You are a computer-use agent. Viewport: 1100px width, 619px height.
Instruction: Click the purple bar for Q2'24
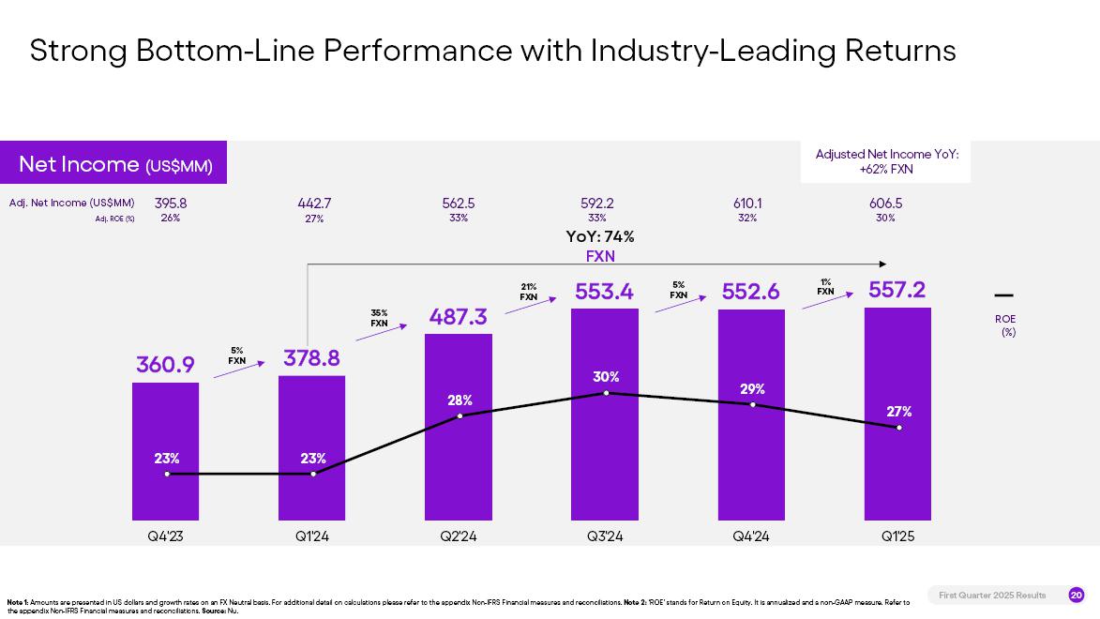click(x=459, y=469)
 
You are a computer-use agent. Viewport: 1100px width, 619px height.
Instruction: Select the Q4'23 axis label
click(x=166, y=536)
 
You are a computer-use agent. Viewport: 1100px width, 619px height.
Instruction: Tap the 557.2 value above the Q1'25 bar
click(x=897, y=291)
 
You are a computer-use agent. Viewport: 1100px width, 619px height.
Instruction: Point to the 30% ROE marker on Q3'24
click(x=606, y=393)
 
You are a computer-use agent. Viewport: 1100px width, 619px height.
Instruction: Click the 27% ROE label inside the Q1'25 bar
click(x=898, y=411)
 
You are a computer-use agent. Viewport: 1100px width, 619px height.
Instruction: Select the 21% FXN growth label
click(x=529, y=292)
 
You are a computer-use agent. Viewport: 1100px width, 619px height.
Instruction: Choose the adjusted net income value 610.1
click(x=747, y=203)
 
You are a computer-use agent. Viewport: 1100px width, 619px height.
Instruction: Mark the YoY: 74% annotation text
click(x=600, y=236)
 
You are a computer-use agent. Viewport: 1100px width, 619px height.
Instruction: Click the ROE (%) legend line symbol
click(x=1003, y=295)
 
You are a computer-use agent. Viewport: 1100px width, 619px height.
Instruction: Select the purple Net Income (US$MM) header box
click(x=114, y=164)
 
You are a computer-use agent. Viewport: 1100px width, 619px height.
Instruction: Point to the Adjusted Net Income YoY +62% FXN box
click(x=886, y=161)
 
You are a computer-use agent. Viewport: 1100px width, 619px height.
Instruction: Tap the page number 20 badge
click(x=1076, y=595)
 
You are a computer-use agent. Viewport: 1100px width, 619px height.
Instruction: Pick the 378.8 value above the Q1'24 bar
click(x=311, y=358)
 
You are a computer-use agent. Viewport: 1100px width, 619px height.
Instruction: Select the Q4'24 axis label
click(x=751, y=536)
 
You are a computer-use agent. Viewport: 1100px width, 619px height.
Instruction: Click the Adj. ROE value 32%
click(x=747, y=218)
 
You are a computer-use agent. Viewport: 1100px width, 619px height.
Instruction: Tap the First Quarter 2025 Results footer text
click(x=992, y=595)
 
